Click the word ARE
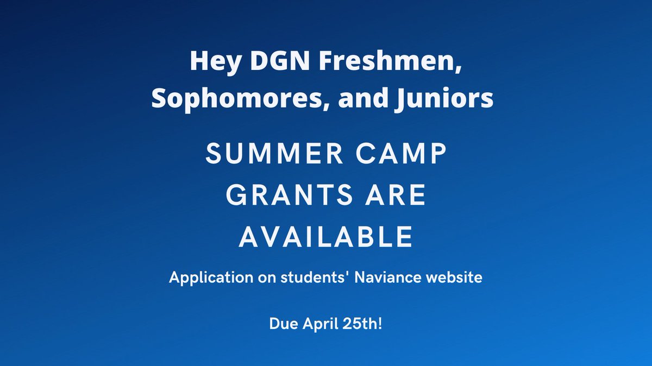tap(396, 196)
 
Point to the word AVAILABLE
tap(326, 236)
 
